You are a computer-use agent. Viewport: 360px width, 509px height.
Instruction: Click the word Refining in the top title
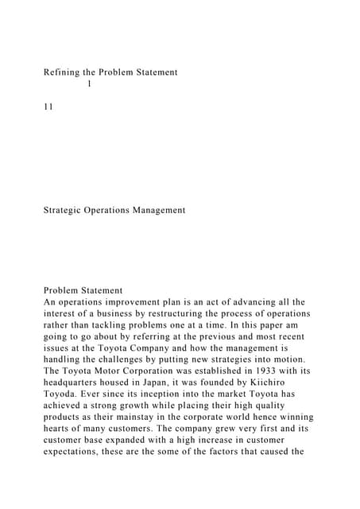point(63,72)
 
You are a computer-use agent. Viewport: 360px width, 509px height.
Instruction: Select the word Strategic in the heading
point(67,211)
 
